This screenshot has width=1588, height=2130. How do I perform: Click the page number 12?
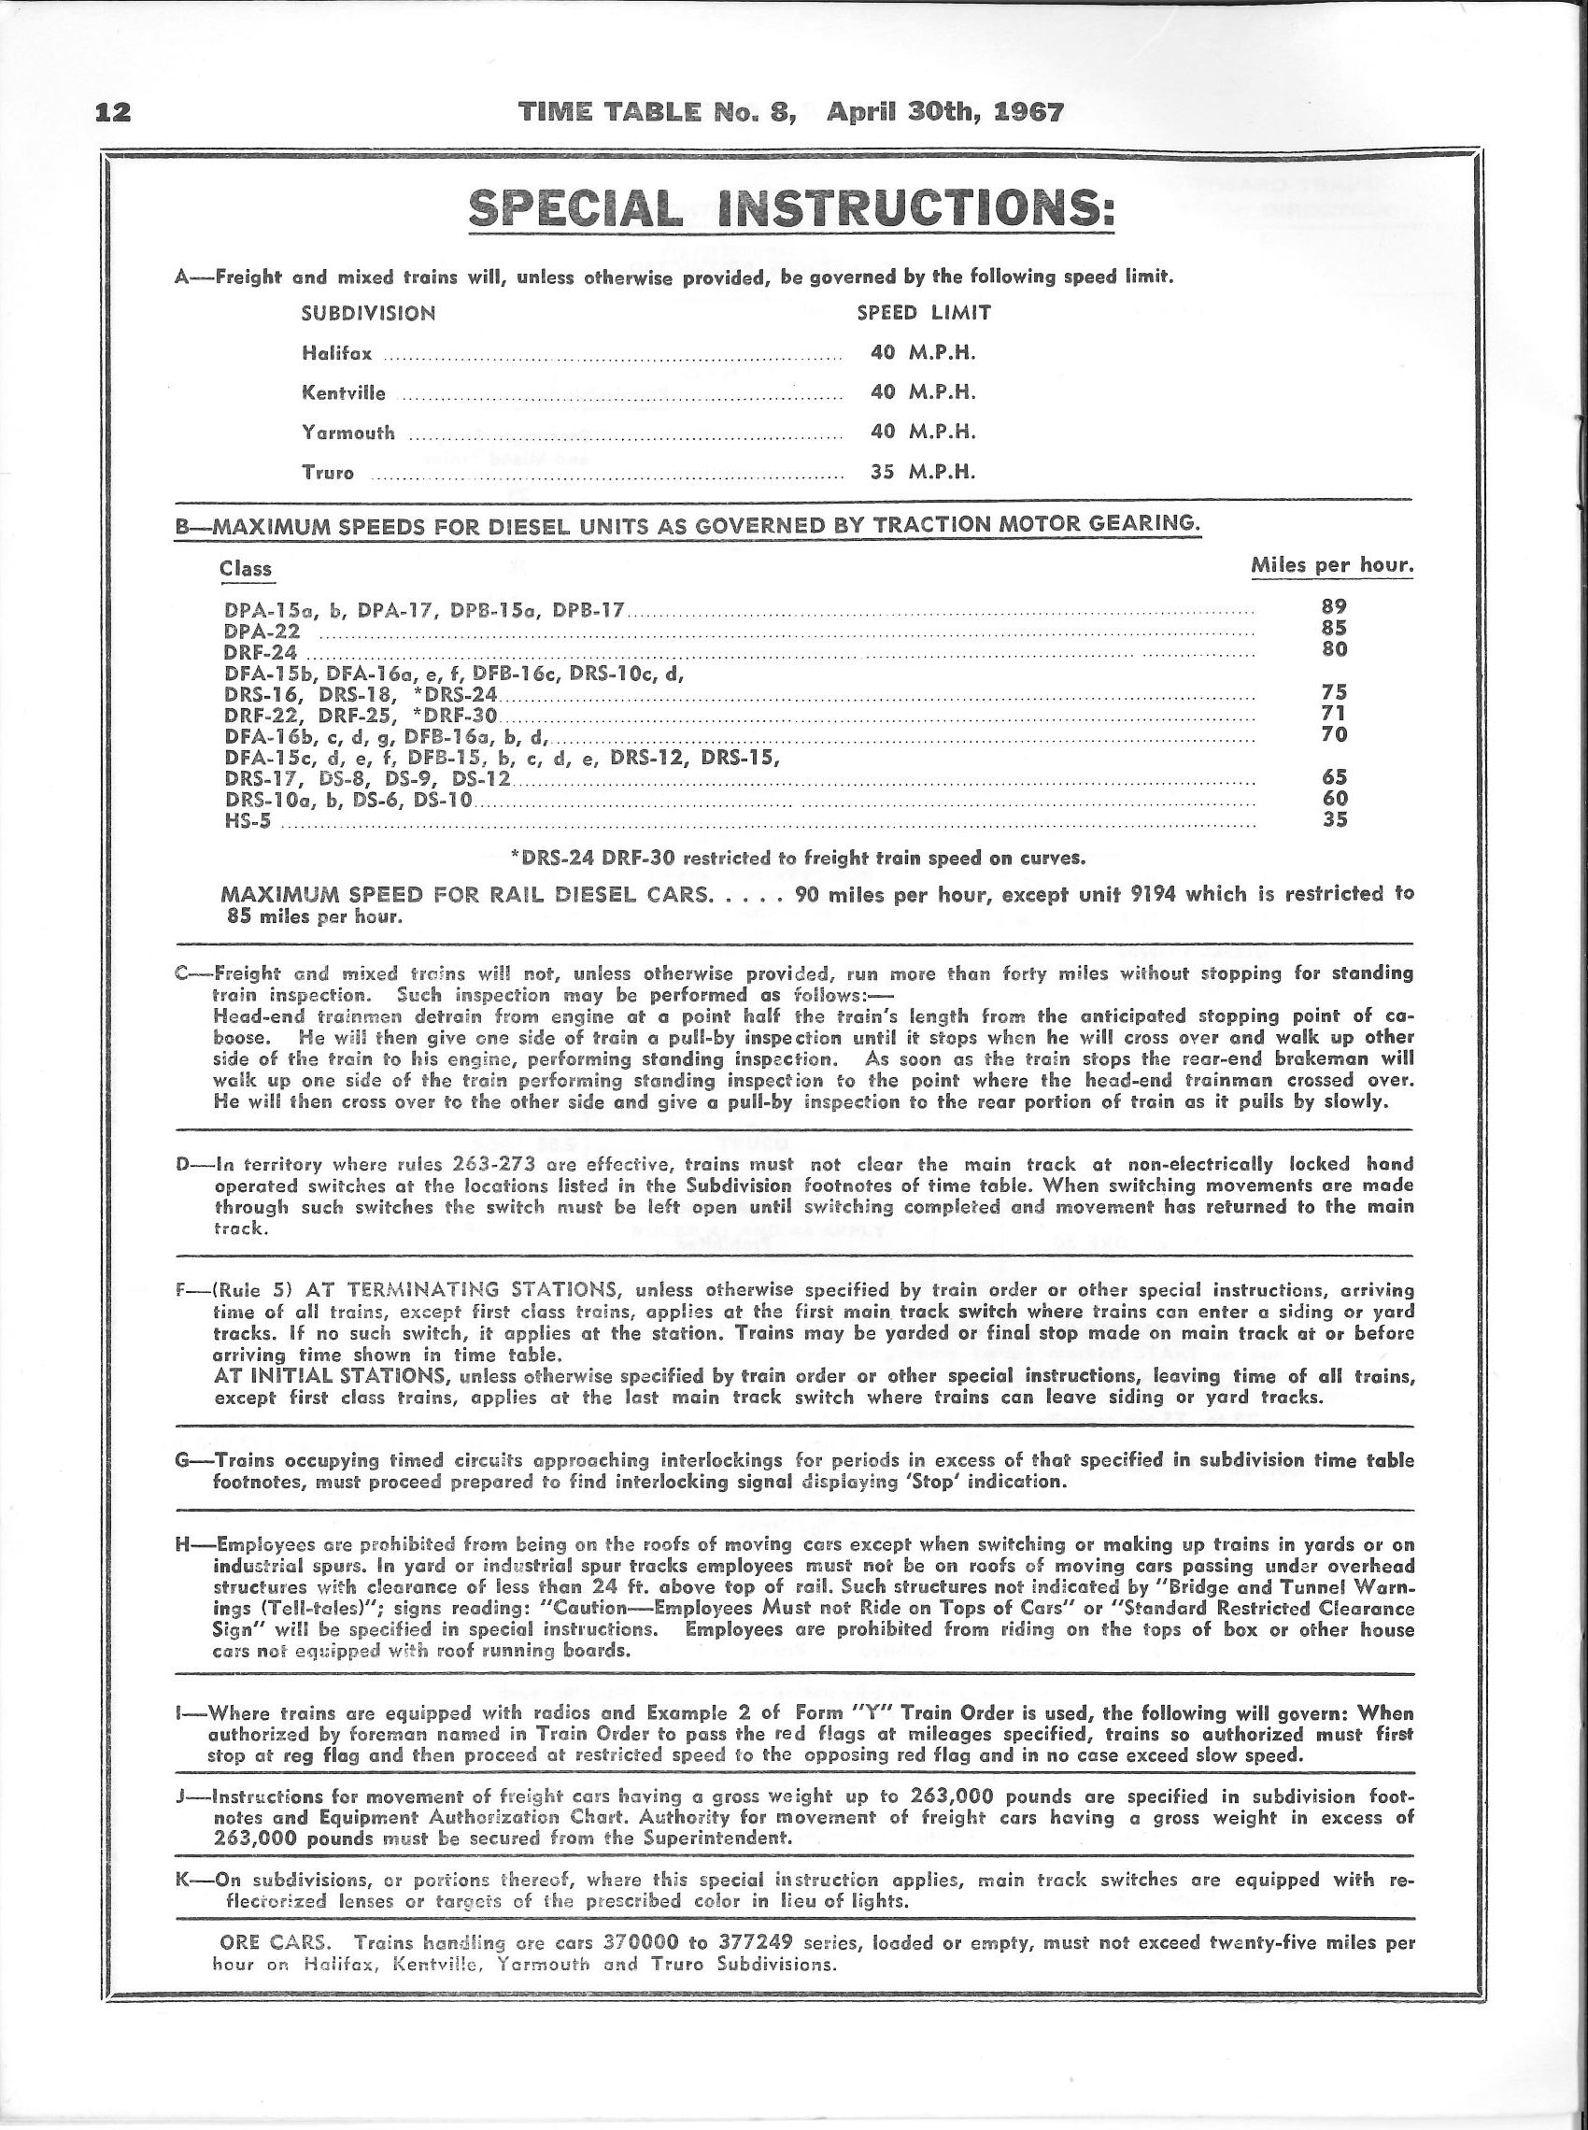[x=112, y=112]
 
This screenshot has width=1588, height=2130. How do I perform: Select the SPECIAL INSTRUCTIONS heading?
[x=792, y=208]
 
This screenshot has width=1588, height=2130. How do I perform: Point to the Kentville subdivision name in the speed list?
[x=343, y=392]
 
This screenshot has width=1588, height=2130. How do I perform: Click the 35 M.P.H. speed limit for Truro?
[x=923, y=472]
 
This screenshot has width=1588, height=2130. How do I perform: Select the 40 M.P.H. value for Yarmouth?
[x=923, y=432]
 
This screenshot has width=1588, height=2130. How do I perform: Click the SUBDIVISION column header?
[x=368, y=312]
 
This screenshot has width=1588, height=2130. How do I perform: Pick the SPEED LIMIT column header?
[x=923, y=312]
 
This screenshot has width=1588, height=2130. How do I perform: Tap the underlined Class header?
[x=245, y=569]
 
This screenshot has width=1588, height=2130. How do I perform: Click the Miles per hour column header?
[x=1331, y=565]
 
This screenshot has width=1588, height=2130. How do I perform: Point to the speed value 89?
[x=1334, y=606]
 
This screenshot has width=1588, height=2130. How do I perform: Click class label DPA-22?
[x=262, y=632]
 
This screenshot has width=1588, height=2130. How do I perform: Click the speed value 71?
[x=1334, y=713]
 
